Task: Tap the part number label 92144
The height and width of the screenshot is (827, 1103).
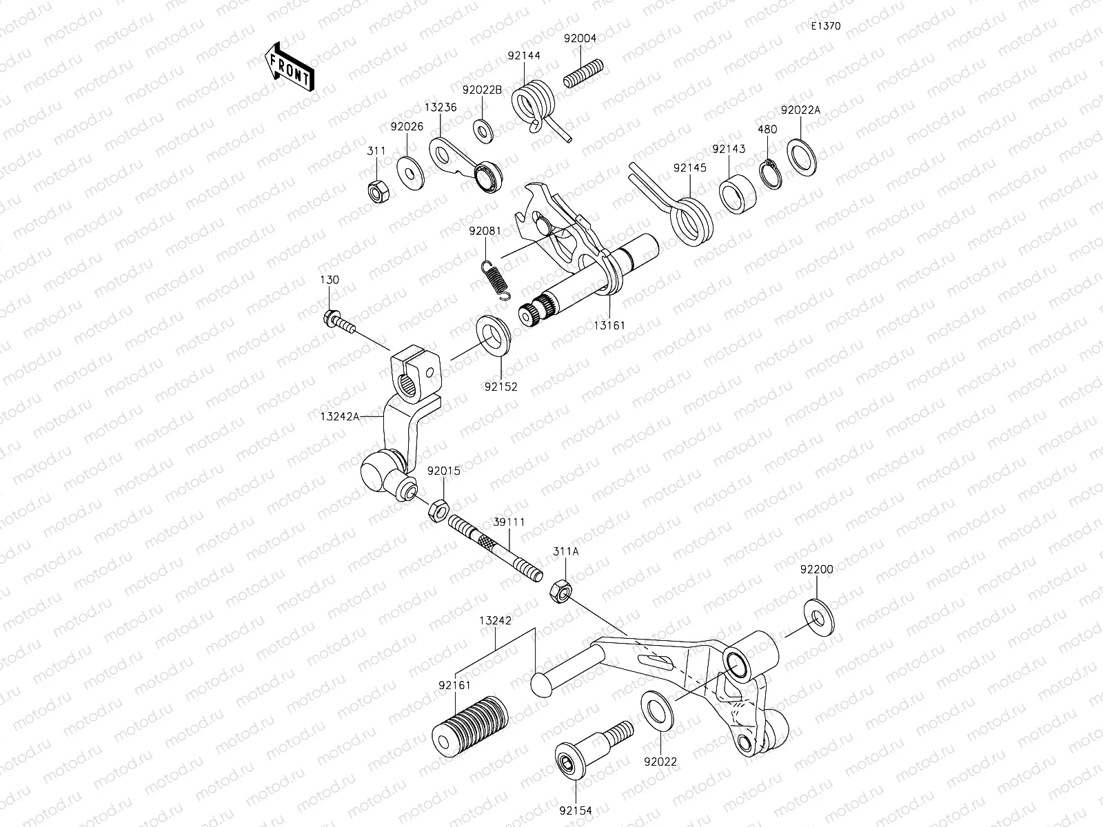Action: [525, 56]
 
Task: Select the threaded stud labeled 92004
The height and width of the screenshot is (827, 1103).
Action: [583, 73]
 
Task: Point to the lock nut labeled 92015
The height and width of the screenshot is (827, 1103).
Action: [436, 511]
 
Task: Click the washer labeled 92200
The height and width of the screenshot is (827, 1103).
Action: [818, 617]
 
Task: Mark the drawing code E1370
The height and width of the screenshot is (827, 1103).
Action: [824, 26]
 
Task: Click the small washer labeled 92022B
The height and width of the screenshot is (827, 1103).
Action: [482, 128]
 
